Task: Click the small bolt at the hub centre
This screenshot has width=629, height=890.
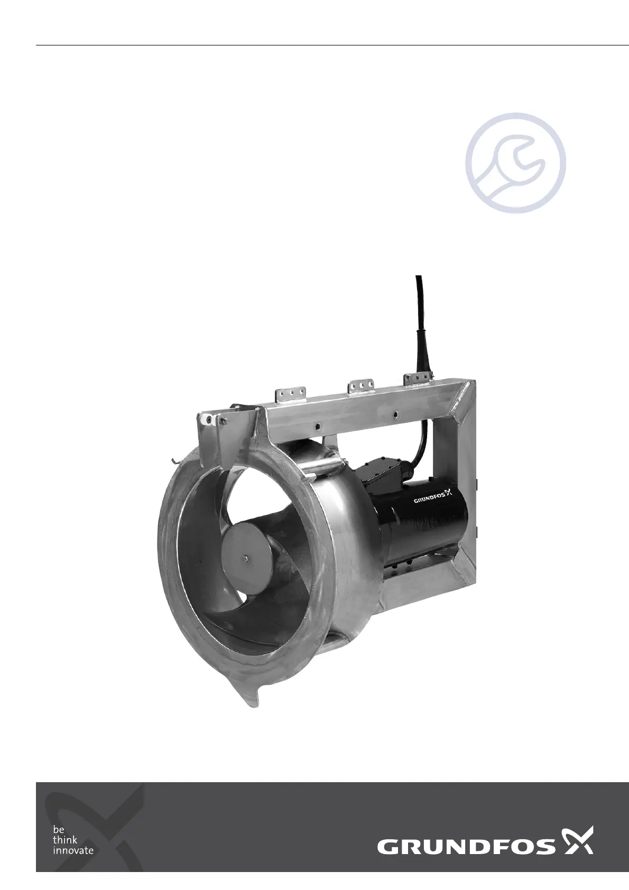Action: pyautogui.click(x=246, y=558)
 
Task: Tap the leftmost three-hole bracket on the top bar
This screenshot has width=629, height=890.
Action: pyautogui.click(x=291, y=394)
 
